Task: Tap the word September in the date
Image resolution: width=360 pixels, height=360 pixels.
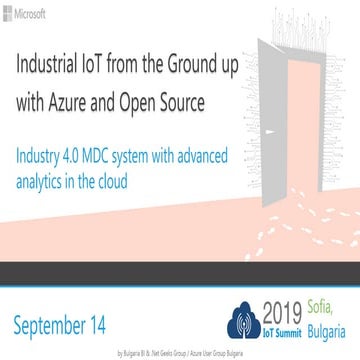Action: tap(55, 325)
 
